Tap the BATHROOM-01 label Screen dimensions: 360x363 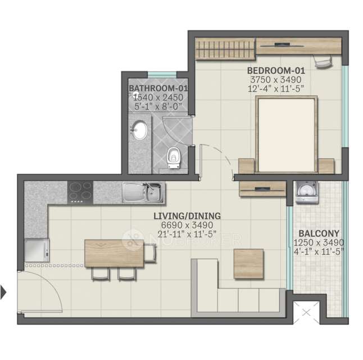pyautogui.click(x=158, y=89)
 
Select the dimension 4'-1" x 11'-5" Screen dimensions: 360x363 pyautogui.click(x=317, y=251)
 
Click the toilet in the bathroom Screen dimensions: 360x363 pyautogui.click(x=174, y=154)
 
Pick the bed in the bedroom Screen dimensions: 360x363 pyautogui.click(x=286, y=134)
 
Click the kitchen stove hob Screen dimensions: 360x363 pyautogui.click(x=80, y=192)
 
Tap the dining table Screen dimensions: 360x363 pyautogui.click(x=114, y=253)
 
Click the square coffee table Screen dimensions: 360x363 pyautogui.click(x=248, y=263)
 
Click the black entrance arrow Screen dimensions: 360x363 pyautogui.click(x=4, y=292)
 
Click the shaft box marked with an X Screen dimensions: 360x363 pyautogui.click(x=306, y=311)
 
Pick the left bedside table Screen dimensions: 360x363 pyautogui.click(x=247, y=166)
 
